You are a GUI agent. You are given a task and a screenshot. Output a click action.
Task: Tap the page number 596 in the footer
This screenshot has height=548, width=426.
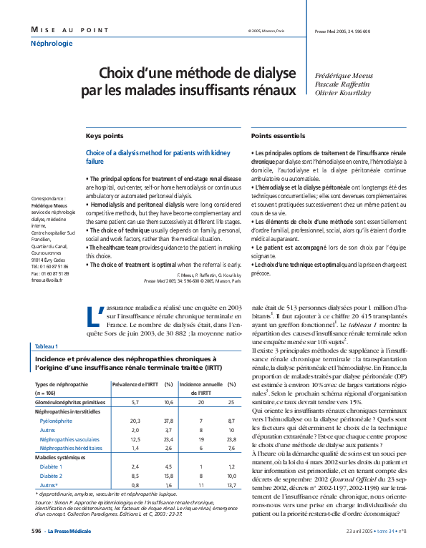(x=36, y=531)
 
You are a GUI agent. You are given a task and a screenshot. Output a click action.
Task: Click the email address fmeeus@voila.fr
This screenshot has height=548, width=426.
(x=47, y=280)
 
